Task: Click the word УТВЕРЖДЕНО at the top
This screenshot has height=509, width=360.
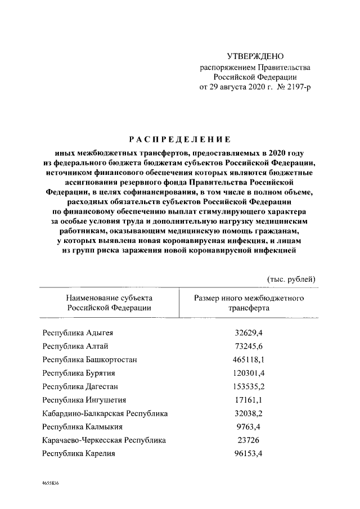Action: [x=255, y=56]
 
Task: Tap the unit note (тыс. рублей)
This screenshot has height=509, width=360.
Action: [x=291, y=280]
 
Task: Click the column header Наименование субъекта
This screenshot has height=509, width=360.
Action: [x=109, y=298]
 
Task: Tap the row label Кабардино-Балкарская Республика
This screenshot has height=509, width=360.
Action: [x=105, y=413]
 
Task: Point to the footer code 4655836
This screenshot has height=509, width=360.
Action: [x=50, y=483]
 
